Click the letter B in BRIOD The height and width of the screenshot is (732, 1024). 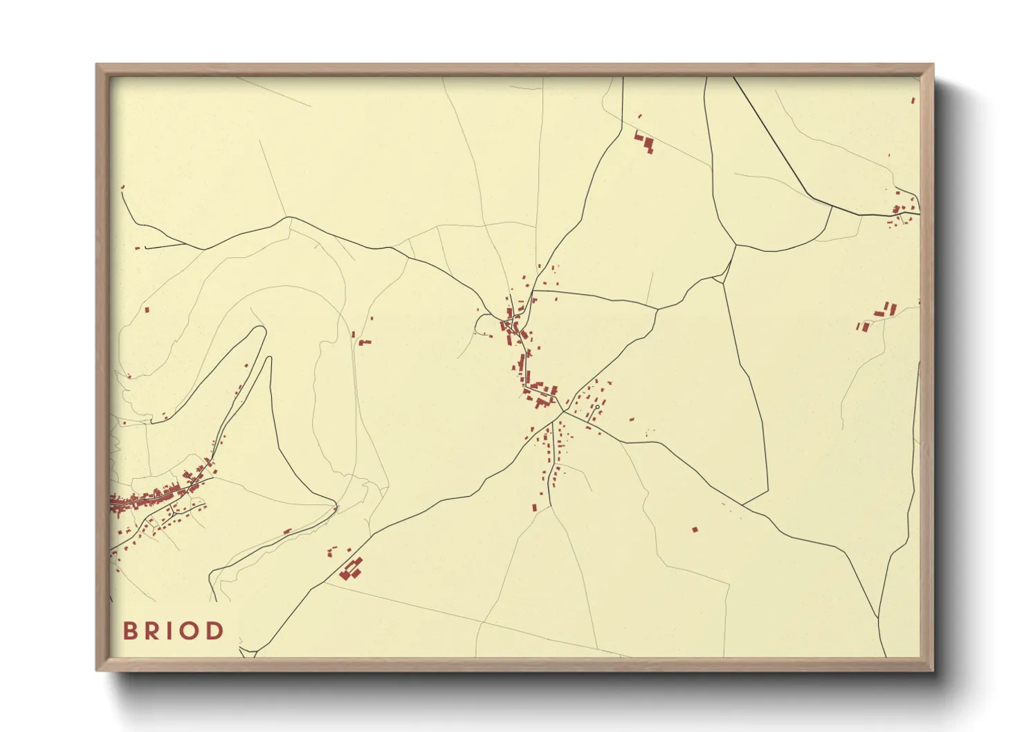129,630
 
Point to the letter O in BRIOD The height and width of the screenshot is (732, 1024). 188,630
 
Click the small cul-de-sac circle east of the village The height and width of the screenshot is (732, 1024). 597,407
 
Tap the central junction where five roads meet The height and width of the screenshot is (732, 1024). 563,412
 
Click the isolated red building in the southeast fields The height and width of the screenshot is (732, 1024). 695,530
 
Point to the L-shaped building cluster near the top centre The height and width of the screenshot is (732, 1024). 645,141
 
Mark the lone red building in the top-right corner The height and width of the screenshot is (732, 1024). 913,101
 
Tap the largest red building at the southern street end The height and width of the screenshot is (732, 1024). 535,507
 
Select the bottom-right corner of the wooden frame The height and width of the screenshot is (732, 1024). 933,670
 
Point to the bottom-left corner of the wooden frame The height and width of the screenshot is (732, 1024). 97,670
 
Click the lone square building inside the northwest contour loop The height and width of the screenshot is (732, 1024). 147,310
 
